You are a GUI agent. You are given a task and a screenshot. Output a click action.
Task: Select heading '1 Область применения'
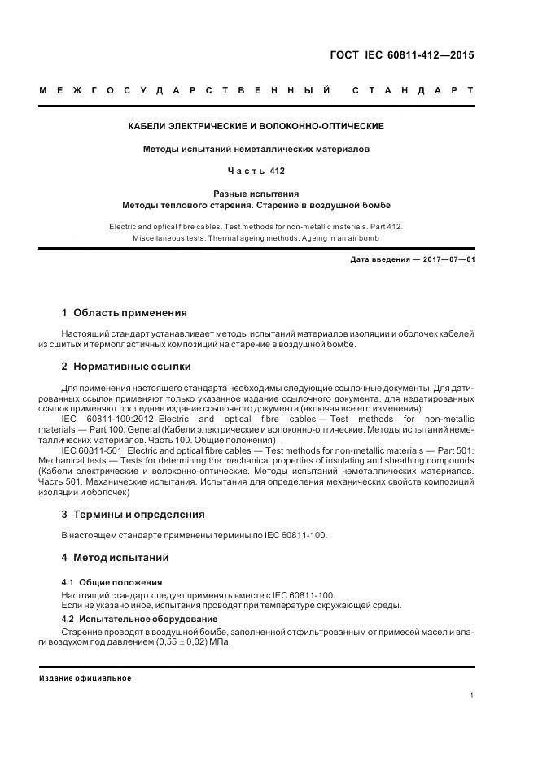124,312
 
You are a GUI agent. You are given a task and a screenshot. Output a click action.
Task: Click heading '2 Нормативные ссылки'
126,366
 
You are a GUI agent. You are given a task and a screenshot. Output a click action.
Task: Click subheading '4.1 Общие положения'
112,582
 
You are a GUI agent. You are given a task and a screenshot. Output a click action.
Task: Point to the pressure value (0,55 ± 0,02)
193,642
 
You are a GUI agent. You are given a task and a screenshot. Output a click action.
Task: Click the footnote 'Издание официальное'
85,678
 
